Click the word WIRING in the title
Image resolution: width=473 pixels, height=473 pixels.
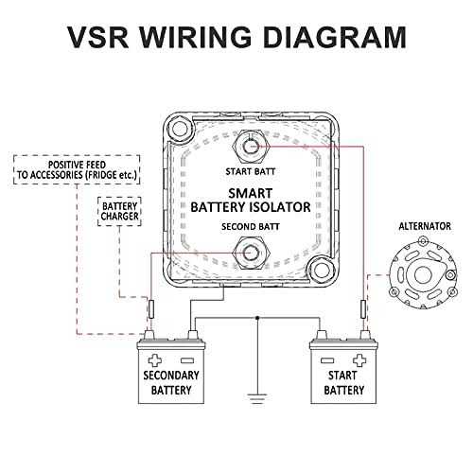pos(196,37)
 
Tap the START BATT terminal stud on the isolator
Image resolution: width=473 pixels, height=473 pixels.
pos(251,147)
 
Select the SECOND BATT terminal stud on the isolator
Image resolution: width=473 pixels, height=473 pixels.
pos(251,253)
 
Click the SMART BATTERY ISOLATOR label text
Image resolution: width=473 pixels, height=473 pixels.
pos(251,201)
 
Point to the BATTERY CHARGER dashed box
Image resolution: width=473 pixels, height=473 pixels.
pos(119,211)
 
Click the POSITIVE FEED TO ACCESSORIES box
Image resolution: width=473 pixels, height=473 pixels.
pos(77,169)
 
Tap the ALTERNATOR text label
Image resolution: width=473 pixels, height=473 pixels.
pos(425,226)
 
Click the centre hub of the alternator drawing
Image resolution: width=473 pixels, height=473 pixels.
pos(423,274)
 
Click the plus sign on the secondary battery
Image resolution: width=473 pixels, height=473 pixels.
pos(155,360)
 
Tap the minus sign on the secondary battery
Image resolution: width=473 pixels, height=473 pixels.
pos(186,360)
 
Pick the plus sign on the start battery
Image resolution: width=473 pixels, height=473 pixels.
pos(359,360)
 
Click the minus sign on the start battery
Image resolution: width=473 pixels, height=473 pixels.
pos(327,360)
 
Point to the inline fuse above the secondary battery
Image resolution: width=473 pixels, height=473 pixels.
pos(151,309)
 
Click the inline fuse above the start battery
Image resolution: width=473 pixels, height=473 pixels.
pos(363,309)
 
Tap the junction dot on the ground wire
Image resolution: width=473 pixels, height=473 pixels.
pos(257,318)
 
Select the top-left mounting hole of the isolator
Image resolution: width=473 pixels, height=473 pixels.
pos(180,129)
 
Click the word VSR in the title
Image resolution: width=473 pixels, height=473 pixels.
pos(98,37)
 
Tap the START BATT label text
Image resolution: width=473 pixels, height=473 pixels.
pos(251,172)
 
